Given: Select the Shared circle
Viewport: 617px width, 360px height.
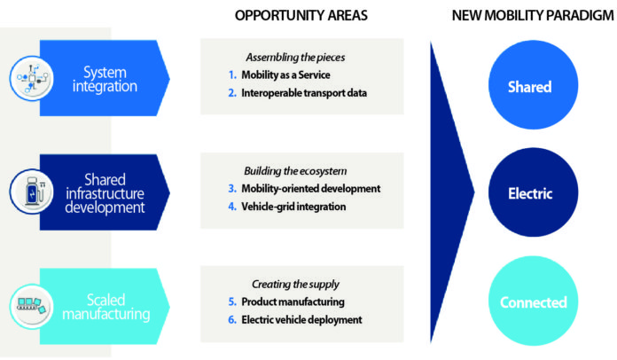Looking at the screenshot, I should coord(529,87).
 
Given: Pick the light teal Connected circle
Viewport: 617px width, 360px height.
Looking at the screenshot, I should coord(533,302).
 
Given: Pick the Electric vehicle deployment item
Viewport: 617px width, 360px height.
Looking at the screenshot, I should coord(301,319).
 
